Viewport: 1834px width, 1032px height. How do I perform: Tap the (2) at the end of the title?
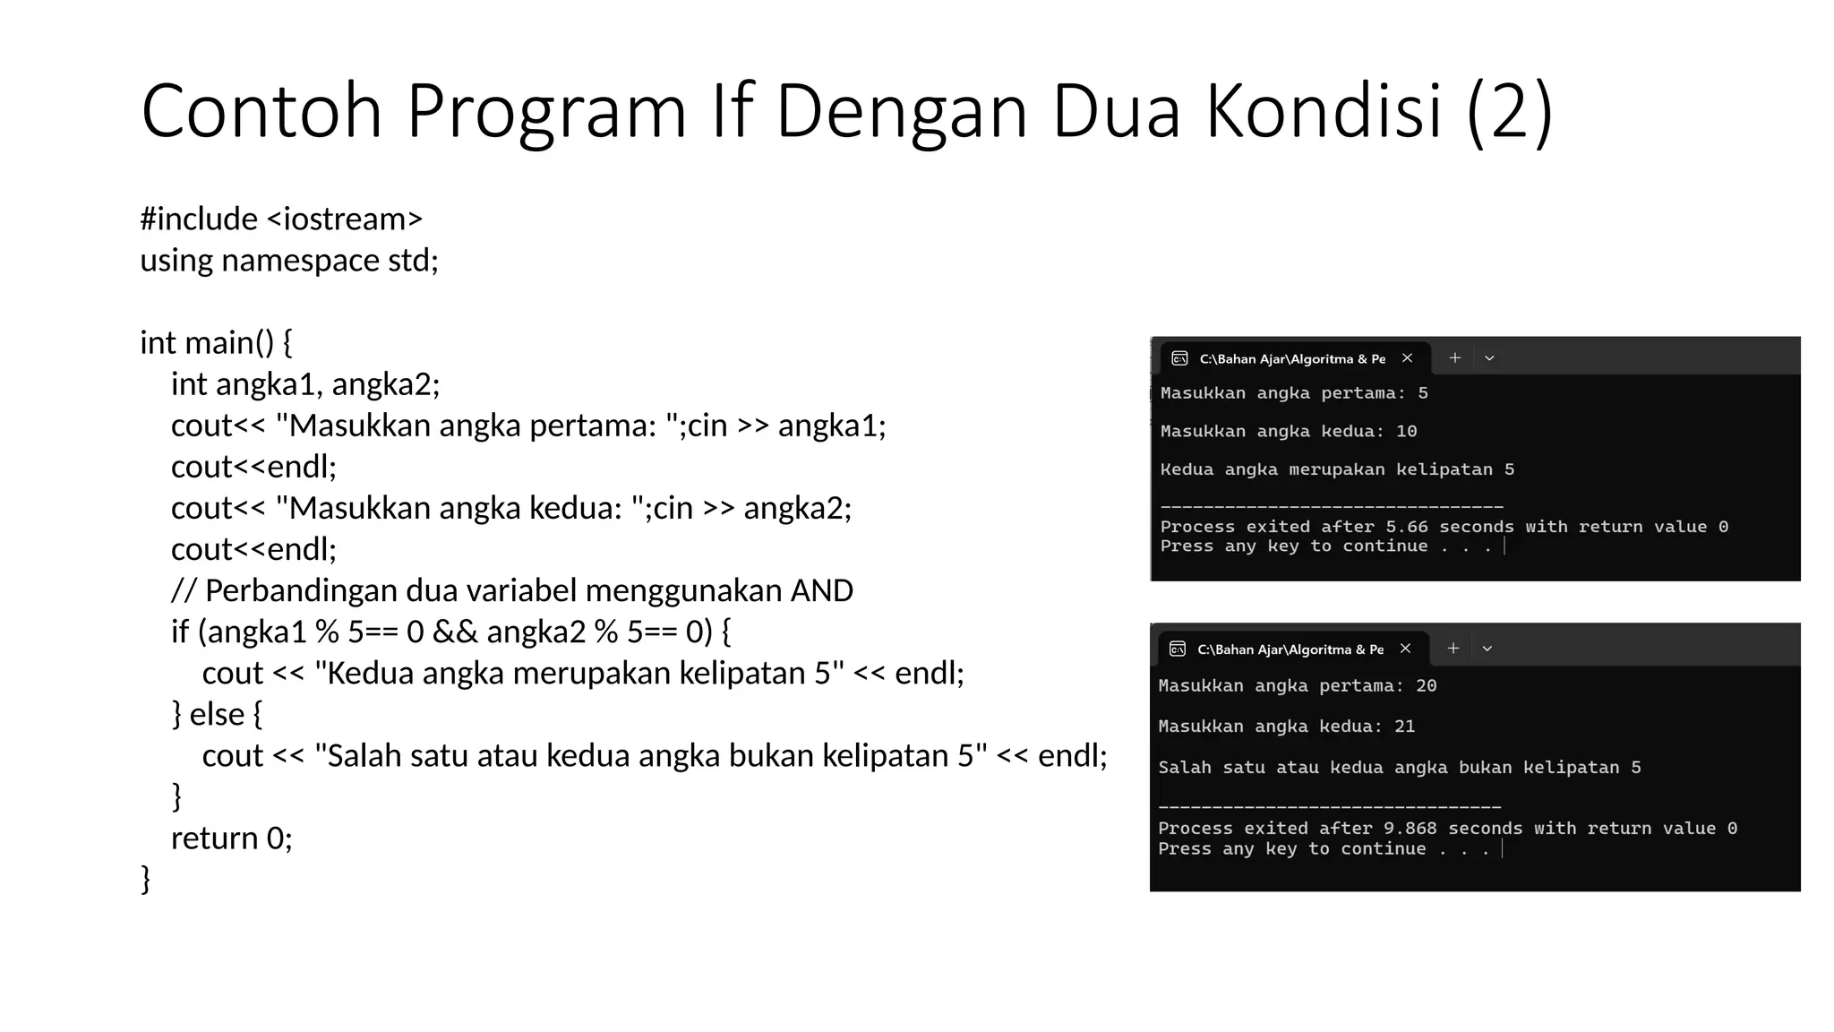[1510, 111]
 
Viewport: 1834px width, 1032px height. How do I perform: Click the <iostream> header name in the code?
[345, 219]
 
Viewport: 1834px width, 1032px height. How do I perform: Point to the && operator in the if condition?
[455, 632]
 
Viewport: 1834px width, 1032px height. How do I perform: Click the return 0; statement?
[232, 838]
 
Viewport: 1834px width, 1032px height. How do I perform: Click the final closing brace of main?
[146, 879]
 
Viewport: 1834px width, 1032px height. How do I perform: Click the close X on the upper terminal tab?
[1407, 358]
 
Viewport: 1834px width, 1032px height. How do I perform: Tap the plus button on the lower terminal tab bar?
[1453, 649]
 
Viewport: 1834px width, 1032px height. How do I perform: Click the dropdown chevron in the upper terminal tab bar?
[1489, 358]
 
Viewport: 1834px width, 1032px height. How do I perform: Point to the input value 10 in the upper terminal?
[1406, 432]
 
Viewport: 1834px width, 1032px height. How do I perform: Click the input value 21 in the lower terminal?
[1404, 727]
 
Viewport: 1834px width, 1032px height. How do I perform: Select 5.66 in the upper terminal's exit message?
[1407, 527]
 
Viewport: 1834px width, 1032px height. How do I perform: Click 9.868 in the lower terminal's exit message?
[1410, 829]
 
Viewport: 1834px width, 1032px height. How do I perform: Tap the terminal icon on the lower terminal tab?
[1178, 649]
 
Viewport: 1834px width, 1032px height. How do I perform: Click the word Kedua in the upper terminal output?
[1187, 469]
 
